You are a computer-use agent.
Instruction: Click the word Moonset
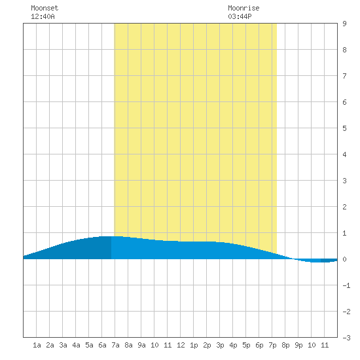(x=45, y=8)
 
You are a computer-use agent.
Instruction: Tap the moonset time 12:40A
(x=43, y=16)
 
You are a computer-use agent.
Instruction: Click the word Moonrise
(x=243, y=8)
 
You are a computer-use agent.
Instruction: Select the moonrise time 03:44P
(x=240, y=16)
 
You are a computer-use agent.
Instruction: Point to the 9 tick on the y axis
(x=344, y=24)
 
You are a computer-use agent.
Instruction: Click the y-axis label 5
(x=344, y=128)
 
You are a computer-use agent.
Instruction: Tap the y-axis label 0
(x=344, y=259)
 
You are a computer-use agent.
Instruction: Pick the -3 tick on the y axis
(x=346, y=338)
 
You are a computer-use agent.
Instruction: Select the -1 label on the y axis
(x=346, y=285)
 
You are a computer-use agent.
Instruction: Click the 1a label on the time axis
(x=37, y=345)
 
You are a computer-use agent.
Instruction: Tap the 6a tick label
(x=102, y=345)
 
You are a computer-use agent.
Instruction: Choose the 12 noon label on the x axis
(x=181, y=345)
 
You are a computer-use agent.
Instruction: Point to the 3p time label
(x=220, y=345)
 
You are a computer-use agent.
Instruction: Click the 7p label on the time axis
(x=272, y=345)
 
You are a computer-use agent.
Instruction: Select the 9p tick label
(x=298, y=345)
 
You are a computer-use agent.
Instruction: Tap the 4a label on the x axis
(x=76, y=345)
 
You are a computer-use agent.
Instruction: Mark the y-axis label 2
(x=344, y=207)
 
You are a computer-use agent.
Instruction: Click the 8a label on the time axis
(x=128, y=345)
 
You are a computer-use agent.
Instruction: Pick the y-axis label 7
(x=344, y=76)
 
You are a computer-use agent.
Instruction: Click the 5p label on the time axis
(x=246, y=345)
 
